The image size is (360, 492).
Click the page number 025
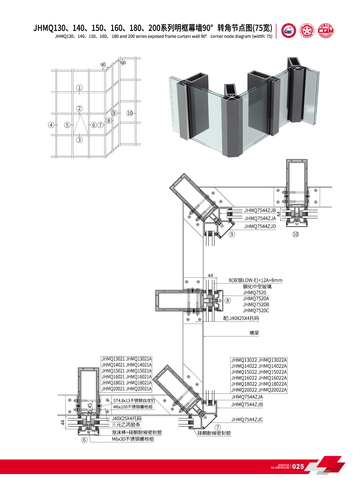pos(298,466)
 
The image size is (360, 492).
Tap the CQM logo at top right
pos(325,31)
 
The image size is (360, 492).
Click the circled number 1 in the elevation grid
pos(80,88)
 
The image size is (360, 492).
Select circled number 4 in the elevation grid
pos(51,125)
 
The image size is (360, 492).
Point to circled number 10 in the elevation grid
pos(130,113)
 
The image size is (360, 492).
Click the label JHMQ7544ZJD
pos(260,226)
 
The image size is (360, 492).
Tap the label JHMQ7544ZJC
pos(247,420)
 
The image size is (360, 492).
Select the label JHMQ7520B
pos(256,305)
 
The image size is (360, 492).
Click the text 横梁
pos(254,333)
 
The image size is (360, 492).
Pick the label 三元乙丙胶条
pos(126,425)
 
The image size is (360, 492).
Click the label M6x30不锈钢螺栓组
pos(133,439)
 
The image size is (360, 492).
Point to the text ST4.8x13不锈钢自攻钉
pos(134,401)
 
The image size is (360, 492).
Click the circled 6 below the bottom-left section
pos(85,440)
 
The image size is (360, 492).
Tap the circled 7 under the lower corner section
pos(218,427)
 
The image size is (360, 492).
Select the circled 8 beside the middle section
pos(228,301)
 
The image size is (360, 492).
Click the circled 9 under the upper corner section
pos(232,234)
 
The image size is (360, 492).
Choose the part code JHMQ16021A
pos(139,377)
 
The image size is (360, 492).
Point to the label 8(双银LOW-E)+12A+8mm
pos(255,280)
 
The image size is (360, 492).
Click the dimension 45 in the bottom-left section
pos(90,406)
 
